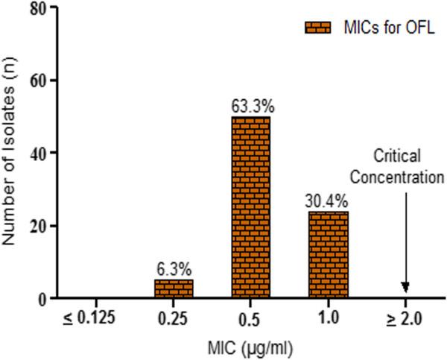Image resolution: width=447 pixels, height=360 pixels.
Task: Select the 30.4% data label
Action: [326, 202]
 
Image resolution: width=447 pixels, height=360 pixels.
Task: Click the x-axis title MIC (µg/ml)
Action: [252, 347]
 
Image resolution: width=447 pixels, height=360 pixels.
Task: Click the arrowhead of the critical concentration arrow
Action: [406, 288]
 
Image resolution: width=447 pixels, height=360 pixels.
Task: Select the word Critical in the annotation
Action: [398, 156]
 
